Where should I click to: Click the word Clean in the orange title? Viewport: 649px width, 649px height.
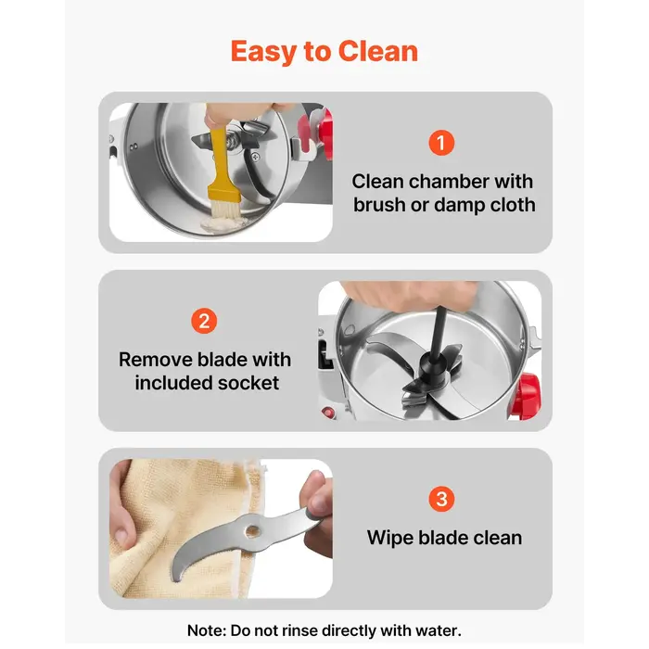pyautogui.click(x=378, y=51)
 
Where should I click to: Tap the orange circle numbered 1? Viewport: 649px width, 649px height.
pyautogui.click(x=441, y=143)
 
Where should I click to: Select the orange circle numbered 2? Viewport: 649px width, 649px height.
pyautogui.click(x=204, y=321)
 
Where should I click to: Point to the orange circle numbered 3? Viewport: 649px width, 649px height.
pyautogui.click(x=441, y=499)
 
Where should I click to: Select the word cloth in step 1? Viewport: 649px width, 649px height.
pyautogui.click(x=513, y=205)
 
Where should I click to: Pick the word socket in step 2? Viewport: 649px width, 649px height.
pyautogui.click(x=248, y=383)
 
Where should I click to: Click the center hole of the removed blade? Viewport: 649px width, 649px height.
pyautogui.click(x=252, y=530)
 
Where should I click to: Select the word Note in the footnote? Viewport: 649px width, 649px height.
pyautogui.click(x=206, y=630)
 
